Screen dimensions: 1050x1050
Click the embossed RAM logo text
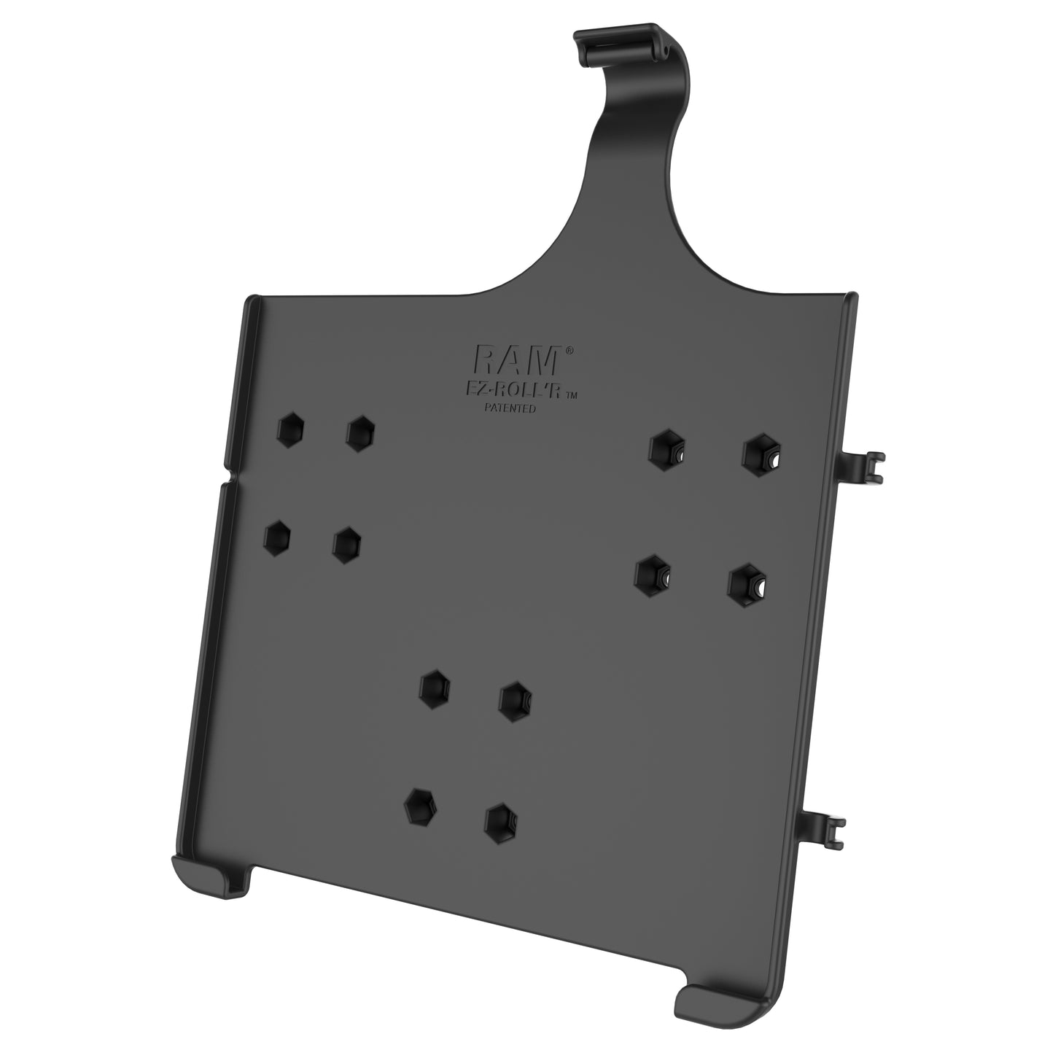click(519, 360)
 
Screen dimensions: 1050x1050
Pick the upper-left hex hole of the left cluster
click(292, 430)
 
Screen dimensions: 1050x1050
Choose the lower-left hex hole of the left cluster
click(277, 538)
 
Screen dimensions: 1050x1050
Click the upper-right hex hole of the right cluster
click(760, 453)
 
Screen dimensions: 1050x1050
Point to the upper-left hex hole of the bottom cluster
click(435, 687)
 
